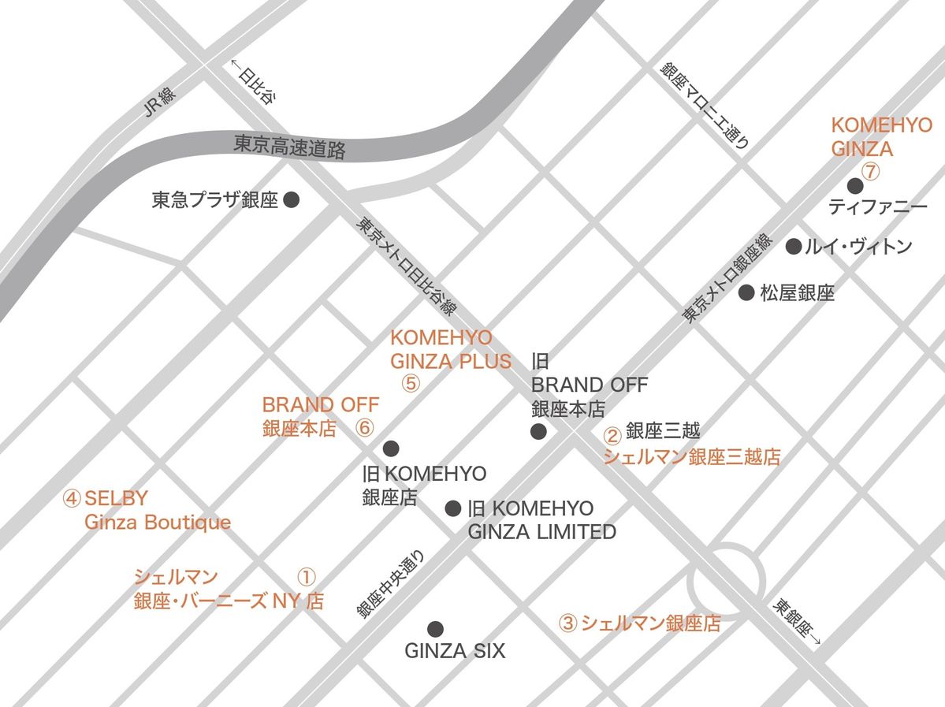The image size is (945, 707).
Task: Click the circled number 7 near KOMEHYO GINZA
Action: click(869, 169)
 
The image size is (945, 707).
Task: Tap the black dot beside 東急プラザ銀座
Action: click(292, 200)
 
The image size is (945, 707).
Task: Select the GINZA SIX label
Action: click(455, 651)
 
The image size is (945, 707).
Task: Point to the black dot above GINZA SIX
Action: click(434, 628)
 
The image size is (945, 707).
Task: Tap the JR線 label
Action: click(160, 102)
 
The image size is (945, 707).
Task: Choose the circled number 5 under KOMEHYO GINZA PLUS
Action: click(411, 384)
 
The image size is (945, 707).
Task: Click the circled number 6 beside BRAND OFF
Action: click(363, 428)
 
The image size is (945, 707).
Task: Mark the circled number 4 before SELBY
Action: click(72, 498)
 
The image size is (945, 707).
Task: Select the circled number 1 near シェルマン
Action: click(307, 576)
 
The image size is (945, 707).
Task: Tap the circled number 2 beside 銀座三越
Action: click(612, 434)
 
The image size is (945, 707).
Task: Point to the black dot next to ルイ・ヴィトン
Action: click(794, 247)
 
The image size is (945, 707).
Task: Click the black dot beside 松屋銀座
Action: click(746, 293)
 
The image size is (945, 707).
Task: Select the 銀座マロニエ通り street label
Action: click(705, 106)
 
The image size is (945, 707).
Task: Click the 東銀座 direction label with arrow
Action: click(795, 624)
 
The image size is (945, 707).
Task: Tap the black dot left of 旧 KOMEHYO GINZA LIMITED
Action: click(452, 508)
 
